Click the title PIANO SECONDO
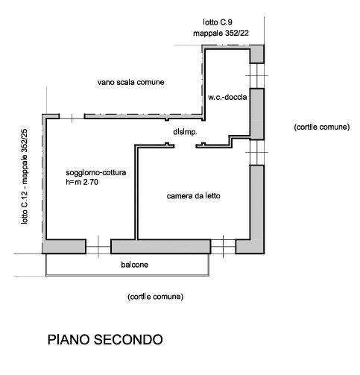click(x=105, y=339)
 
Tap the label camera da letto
click(x=193, y=196)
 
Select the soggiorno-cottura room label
click(x=96, y=172)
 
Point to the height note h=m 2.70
click(x=82, y=182)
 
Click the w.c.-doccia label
click(x=227, y=97)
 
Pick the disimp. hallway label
click(x=185, y=132)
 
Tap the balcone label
click(x=134, y=265)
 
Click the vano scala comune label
click(x=130, y=82)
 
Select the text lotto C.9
click(x=218, y=22)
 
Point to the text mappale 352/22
click(x=221, y=33)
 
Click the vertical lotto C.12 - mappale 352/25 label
click(x=25, y=177)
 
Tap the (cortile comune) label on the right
click(x=322, y=127)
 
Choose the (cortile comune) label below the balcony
click(x=155, y=297)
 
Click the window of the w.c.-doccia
click(x=257, y=76)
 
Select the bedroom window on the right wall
click(x=257, y=152)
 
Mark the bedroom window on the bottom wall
click(x=223, y=247)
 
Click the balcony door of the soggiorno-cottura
click(x=98, y=247)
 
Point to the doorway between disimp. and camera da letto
click(x=185, y=146)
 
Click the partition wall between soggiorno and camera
click(x=136, y=192)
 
